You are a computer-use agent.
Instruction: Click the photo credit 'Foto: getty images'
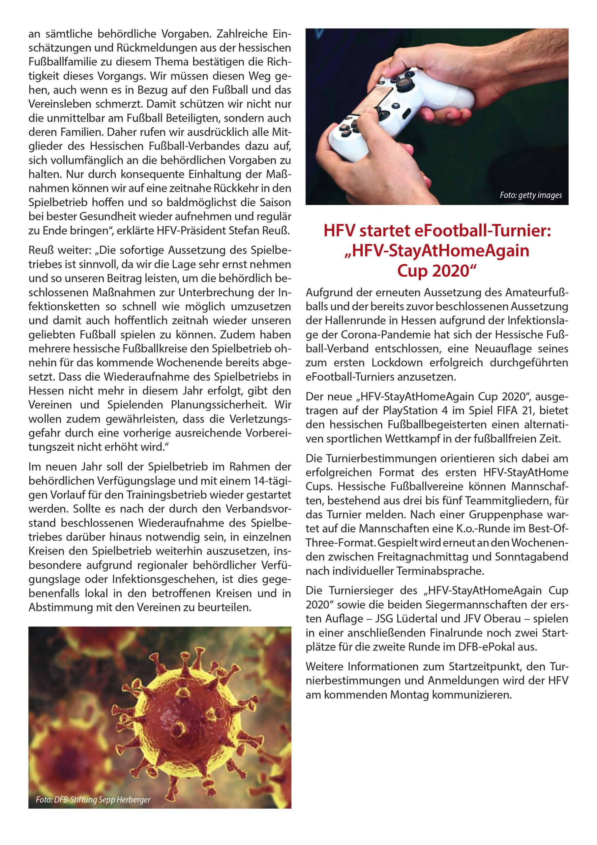coord(530,195)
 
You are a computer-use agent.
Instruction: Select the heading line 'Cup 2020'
coord(437,271)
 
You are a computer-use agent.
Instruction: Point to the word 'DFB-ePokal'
coord(485,647)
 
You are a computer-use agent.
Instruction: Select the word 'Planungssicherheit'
coord(218,405)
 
